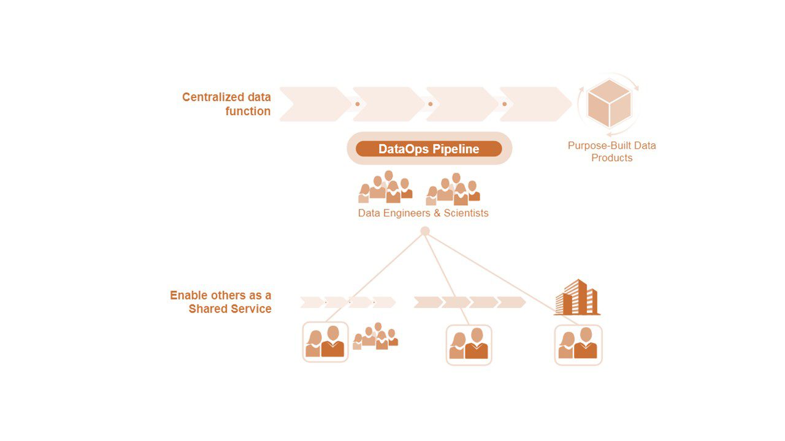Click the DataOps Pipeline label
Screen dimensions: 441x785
click(429, 149)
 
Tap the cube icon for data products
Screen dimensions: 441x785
click(608, 103)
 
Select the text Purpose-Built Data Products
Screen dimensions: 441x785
click(611, 151)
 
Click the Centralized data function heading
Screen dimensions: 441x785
click(226, 104)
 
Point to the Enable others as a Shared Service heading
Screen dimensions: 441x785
click(221, 302)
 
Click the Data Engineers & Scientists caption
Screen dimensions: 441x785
click(423, 213)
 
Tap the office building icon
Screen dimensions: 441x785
click(576, 298)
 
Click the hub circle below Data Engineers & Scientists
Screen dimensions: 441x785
click(424, 231)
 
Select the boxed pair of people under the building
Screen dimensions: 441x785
click(578, 345)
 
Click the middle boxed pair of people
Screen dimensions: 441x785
click(469, 345)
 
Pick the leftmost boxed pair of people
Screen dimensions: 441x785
click(325, 342)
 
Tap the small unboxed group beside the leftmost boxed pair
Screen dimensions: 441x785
click(375, 336)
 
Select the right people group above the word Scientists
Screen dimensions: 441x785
click(453, 189)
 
